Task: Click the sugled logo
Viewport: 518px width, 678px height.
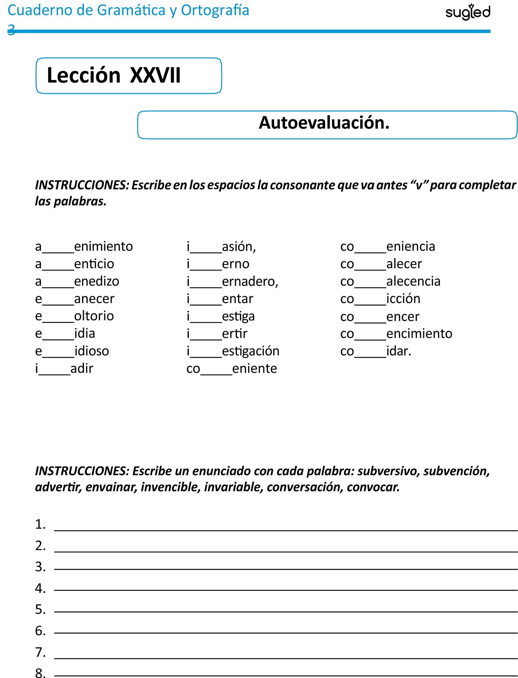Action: point(467,12)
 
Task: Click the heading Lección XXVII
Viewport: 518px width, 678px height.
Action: point(114,76)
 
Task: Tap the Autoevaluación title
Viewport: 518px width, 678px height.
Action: point(324,123)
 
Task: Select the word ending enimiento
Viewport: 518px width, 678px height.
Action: point(103,247)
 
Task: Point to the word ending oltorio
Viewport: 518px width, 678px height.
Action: point(94,316)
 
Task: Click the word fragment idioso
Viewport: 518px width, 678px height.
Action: point(91,351)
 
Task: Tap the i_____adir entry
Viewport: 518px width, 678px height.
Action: point(64,369)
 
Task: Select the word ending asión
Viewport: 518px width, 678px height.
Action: point(239,247)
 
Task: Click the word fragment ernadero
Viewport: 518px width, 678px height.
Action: point(250,281)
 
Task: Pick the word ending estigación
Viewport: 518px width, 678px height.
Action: point(251,351)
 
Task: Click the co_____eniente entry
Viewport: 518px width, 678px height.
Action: point(232,369)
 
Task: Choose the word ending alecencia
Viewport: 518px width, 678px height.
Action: point(413,281)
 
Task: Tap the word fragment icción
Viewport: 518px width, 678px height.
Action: point(403,299)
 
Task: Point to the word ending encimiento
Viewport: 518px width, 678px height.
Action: point(419,334)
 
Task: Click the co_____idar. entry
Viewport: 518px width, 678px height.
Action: point(375,351)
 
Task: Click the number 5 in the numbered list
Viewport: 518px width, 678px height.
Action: point(40,610)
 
